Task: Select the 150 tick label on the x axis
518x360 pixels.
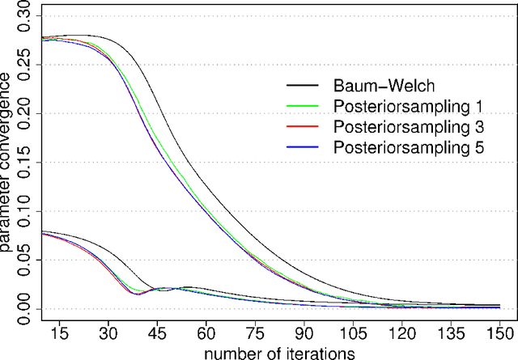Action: click(500, 332)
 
